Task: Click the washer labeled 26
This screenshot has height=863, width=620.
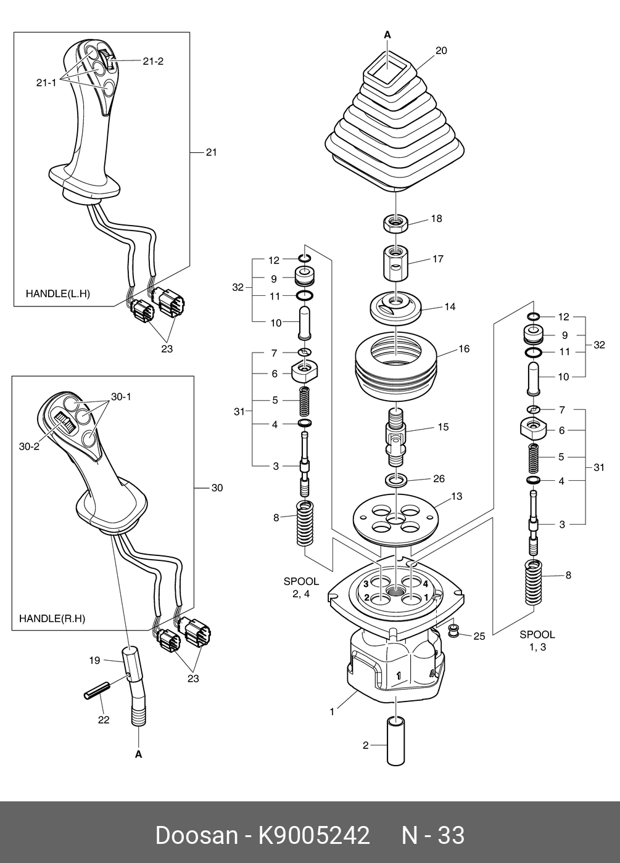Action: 396,480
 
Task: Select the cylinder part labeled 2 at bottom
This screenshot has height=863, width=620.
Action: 395,742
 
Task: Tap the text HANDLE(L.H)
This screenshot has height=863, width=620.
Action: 57,294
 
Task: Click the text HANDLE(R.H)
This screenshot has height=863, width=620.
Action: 52,618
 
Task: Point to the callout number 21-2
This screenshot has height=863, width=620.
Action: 152,61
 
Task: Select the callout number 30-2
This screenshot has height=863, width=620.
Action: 29,446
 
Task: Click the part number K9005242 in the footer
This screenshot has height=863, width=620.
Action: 313,835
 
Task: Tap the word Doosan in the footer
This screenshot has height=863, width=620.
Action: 196,835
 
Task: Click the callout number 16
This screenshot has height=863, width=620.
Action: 464,349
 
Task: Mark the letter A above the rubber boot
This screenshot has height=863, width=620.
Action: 387,35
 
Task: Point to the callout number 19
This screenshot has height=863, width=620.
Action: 94,660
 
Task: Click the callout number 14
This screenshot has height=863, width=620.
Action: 450,306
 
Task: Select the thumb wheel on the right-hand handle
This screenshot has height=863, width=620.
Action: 63,423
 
